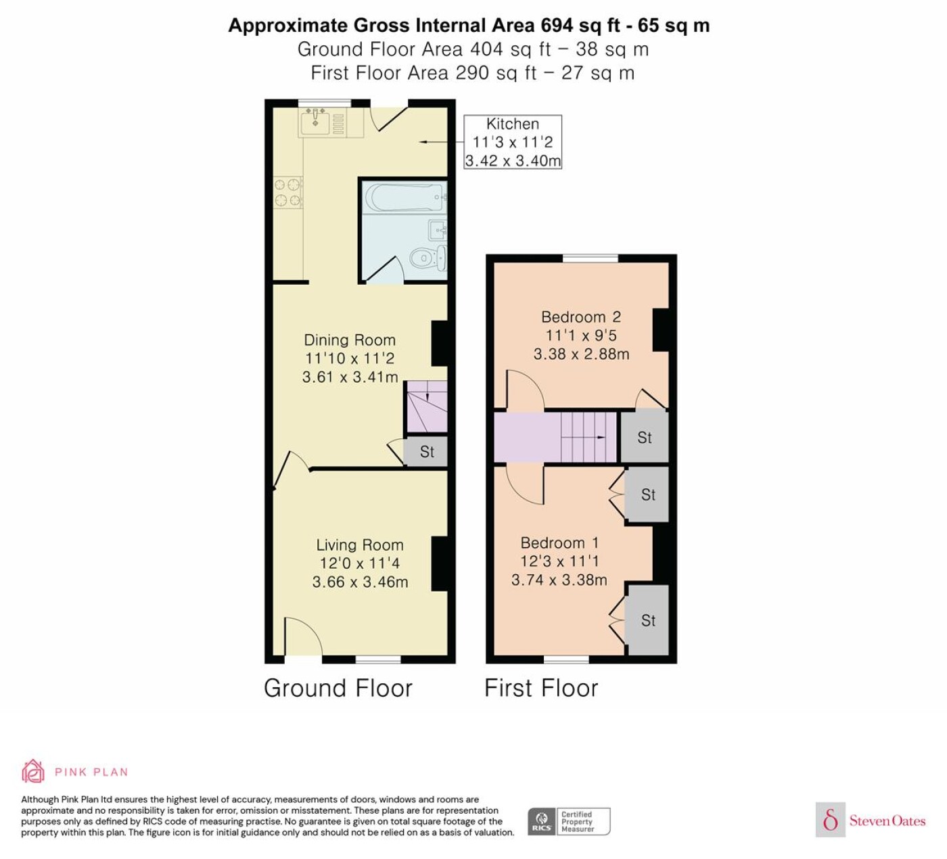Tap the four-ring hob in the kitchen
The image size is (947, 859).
pos(288,192)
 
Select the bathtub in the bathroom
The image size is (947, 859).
pos(405,198)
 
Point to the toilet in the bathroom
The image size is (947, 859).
pos(428,258)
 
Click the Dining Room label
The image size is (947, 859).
pos(350,340)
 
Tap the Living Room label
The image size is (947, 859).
pos(360,545)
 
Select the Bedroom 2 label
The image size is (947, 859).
pos(581,317)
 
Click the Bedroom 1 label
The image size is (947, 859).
pos(560,543)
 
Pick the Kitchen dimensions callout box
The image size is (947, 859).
pos(513,142)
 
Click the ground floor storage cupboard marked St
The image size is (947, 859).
pos(426,451)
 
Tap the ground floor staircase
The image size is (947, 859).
pos(427,407)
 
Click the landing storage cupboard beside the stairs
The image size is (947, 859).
pos(645,438)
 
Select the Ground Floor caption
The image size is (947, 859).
pos(338,688)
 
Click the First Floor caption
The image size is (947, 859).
pos(541,688)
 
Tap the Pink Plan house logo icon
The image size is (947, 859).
pos(33,771)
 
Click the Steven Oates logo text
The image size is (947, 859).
pos(887,820)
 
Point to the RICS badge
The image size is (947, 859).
pos(569,821)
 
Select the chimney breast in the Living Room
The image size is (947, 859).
pos(440,564)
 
